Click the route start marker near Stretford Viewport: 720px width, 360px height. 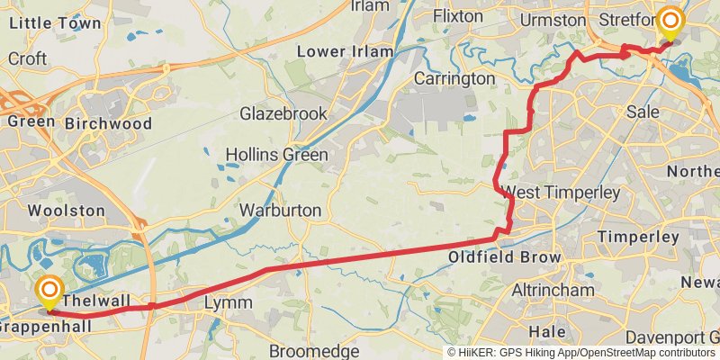[x=670, y=22]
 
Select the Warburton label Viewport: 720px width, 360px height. [x=280, y=211]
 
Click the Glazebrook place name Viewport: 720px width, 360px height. [x=283, y=114]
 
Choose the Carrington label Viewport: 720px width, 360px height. [x=456, y=79]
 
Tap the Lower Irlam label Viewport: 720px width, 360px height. [x=346, y=51]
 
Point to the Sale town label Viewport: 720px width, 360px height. [x=643, y=112]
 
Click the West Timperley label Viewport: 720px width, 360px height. [x=562, y=193]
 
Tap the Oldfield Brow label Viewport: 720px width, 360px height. [x=504, y=258]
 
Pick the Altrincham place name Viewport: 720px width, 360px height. [x=553, y=291]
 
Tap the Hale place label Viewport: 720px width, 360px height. [x=546, y=332]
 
